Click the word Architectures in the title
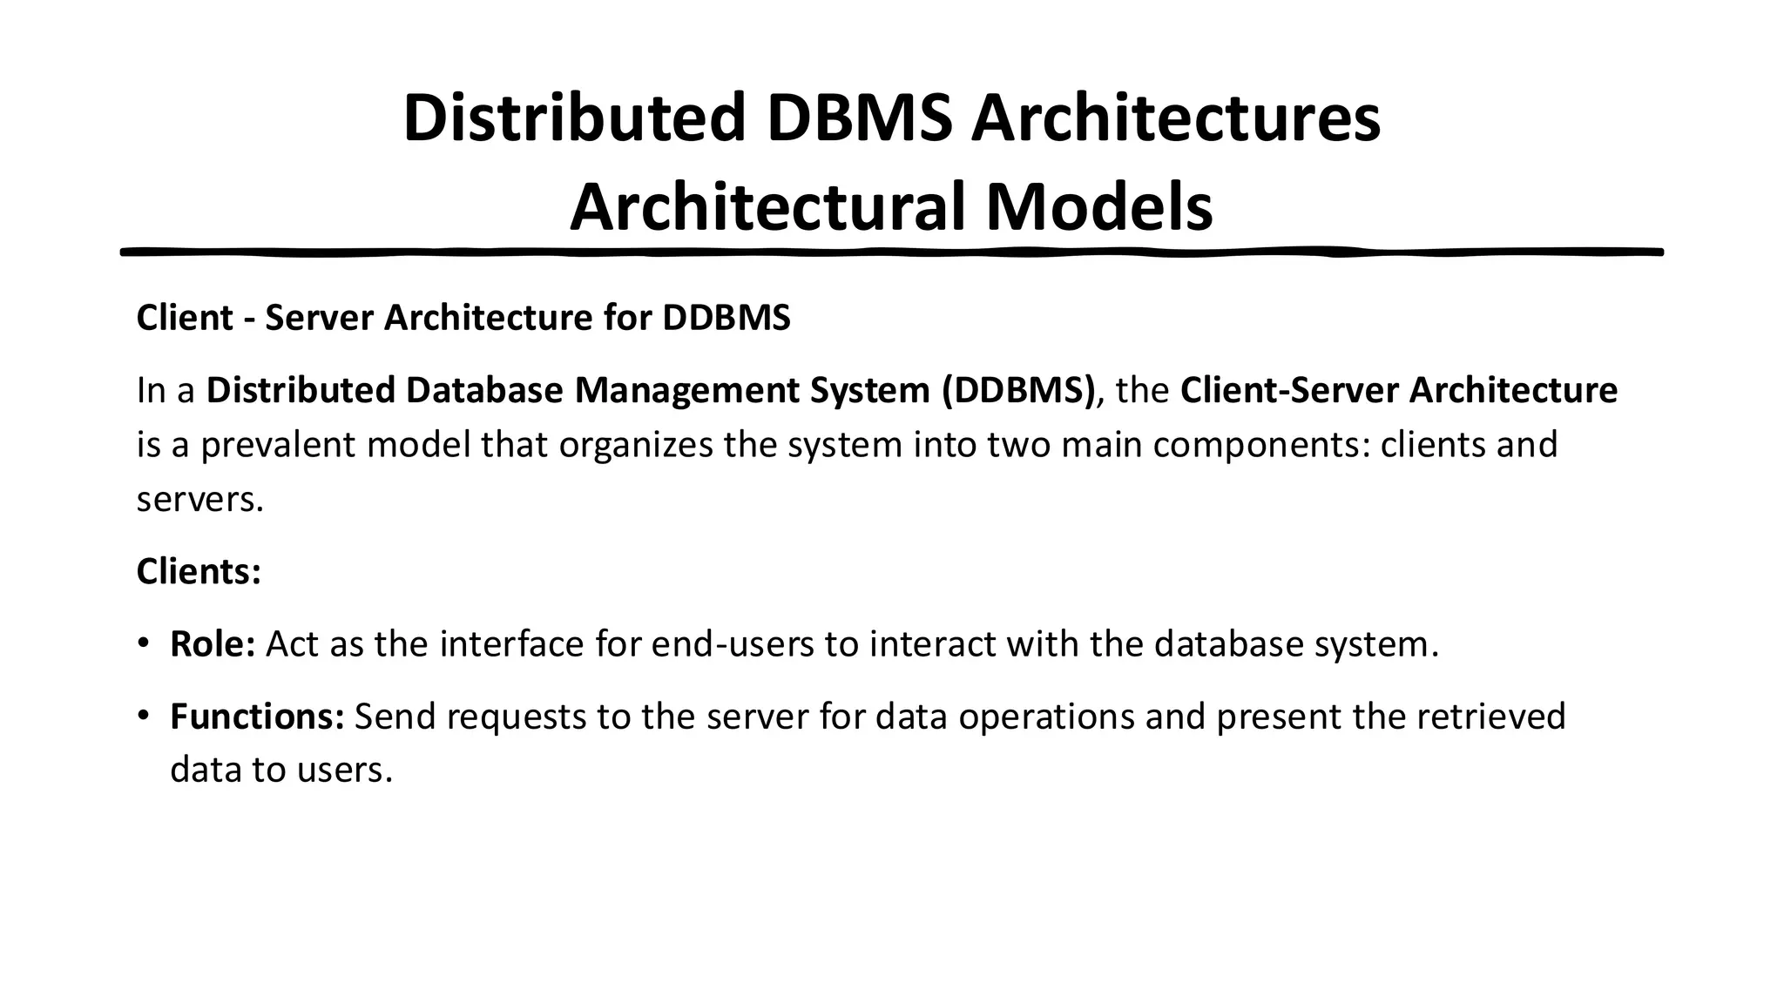pos(1175,118)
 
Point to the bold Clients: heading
pos(199,572)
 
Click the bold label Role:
pos(212,644)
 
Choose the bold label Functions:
pos(257,717)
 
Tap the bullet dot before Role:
pos(143,644)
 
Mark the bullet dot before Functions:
pos(143,717)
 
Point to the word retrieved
pos(1491,717)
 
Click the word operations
pos(1046,717)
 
